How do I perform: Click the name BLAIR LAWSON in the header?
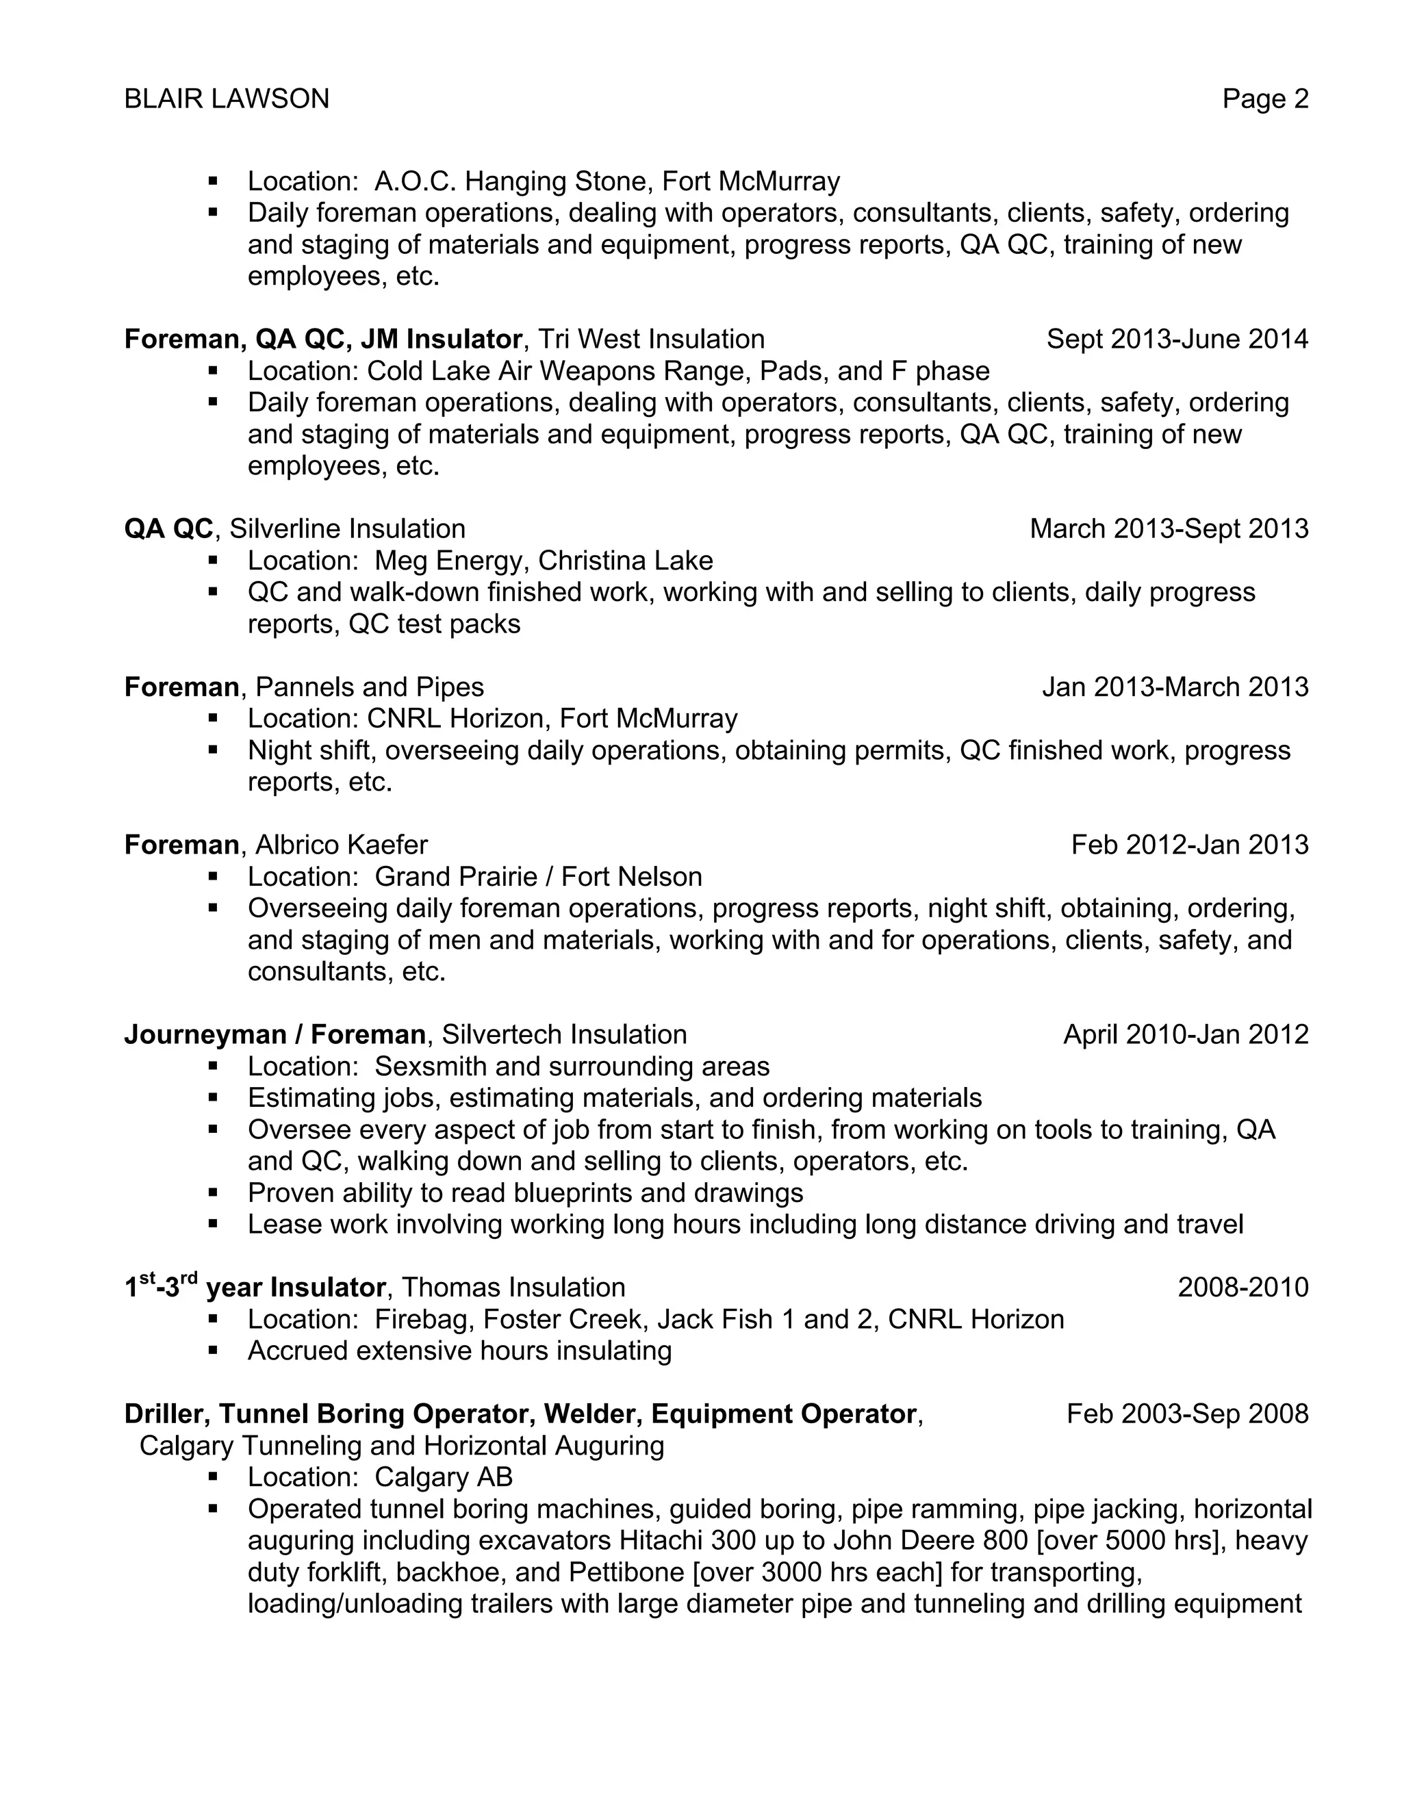pos(226,99)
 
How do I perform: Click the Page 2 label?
pos(1264,99)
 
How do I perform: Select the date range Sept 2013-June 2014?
pos(1176,339)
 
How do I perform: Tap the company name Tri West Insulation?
pos(650,339)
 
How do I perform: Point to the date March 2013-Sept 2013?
pos(1168,528)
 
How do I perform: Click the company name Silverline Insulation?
pos(347,528)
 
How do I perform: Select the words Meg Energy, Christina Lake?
pos(543,561)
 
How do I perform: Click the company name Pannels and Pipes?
pos(369,687)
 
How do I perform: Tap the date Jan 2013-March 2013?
pos(1175,687)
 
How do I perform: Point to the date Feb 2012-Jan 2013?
pos(1188,845)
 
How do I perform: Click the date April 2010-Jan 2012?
pos(1185,1034)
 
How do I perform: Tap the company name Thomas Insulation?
pos(513,1288)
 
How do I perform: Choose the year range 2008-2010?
pos(1242,1288)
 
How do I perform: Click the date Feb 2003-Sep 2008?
pos(1187,1414)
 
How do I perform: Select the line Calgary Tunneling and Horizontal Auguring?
pos(401,1446)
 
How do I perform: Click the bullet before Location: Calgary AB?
pos(214,1476)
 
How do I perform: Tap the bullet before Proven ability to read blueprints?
pos(214,1192)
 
